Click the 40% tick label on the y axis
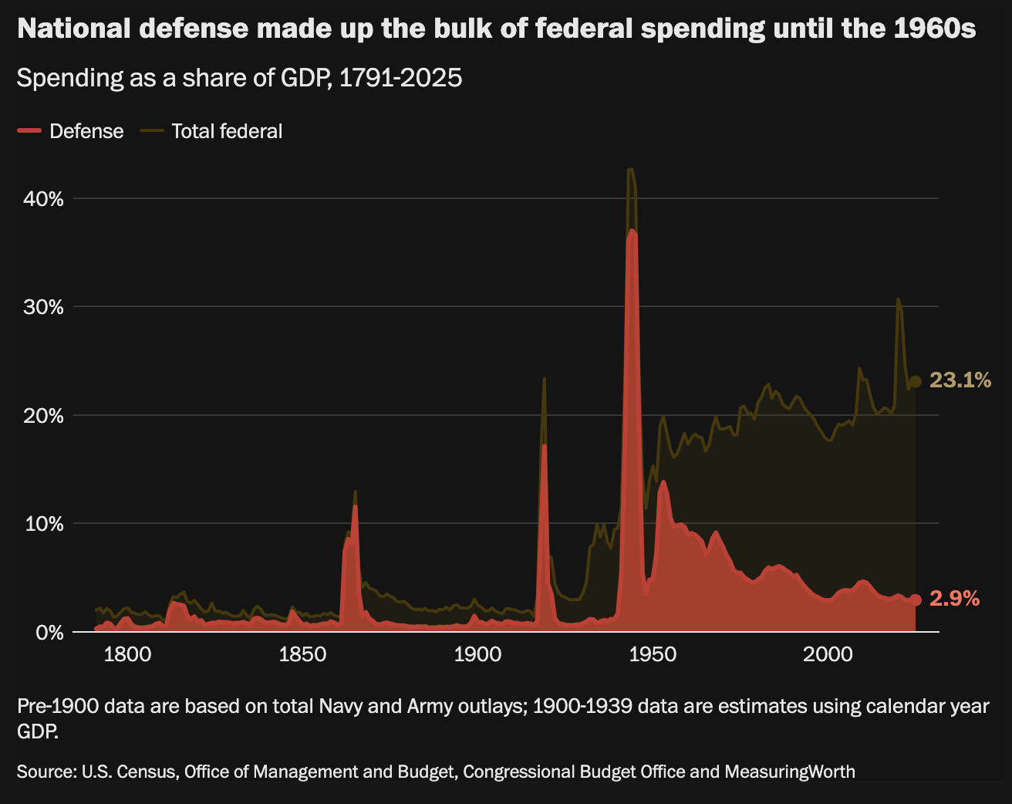click(x=43, y=199)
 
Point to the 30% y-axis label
click(x=43, y=307)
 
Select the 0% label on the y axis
click(x=49, y=632)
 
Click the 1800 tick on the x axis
click(x=127, y=655)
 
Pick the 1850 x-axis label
click(x=302, y=655)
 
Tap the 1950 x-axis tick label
click(x=653, y=655)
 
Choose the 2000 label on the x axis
click(x=828, y=655)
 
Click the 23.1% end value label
click(x=960, y=380)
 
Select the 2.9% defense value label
click(x=955, y=599)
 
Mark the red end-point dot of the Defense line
click(x=915, y=600)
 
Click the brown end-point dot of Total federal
click(x=915, y=381)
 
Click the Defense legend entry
click(x=70, y=131)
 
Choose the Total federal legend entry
click(x=211, y=131)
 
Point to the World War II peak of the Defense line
click(x=632, y=231)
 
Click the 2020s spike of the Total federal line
click(x=898, y=299)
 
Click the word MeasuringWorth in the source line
click(x=790, y=772)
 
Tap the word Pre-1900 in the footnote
click(x=59, y=707)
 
